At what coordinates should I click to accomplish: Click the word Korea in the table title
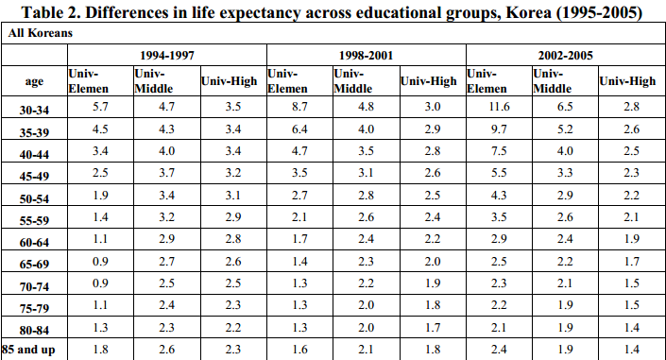point(528,12)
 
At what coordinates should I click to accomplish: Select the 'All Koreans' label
point(41,33)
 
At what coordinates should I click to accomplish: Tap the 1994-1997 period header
point(167,55)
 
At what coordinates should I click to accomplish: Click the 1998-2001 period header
point(367,55)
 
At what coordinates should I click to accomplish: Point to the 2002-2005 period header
point(565,55)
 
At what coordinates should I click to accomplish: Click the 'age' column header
point(34,80)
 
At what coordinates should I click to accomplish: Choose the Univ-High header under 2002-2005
point(627,80)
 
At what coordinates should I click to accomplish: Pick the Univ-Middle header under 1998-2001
point(353,80)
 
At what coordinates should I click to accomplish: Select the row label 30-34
point(34,111)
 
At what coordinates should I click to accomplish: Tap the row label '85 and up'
point(28,350)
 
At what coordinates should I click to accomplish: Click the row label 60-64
point(34,242)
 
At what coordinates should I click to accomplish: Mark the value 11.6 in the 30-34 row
point(499,106)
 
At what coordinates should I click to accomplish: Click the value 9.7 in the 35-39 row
point(499,129)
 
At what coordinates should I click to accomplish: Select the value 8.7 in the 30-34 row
point(299,106)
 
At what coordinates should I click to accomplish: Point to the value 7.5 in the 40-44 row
point(499,151)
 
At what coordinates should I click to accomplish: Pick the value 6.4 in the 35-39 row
point(299,129)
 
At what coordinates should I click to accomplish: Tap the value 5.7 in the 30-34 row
point(100,106)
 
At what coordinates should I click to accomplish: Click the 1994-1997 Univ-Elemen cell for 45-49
point(100,173)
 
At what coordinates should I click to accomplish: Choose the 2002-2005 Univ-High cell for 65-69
point(632,261)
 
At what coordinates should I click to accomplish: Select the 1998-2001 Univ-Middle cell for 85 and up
point(366,349)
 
